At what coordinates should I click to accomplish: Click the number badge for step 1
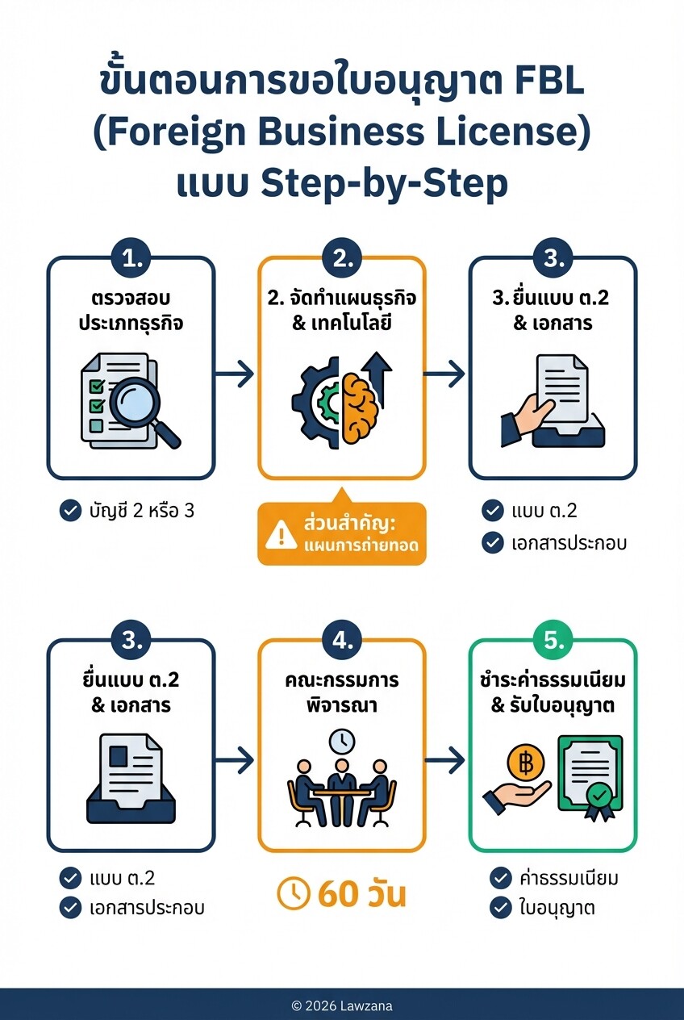(131, 259)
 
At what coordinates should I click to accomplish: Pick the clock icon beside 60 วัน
(294, 892)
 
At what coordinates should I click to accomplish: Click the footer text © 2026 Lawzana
(342, 1005)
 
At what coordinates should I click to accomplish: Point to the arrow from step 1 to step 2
(236, 374)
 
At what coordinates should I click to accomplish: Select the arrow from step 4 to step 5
(447, 759)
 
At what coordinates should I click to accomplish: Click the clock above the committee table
(341, 741)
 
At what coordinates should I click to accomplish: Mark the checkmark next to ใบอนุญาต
(500, 907)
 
